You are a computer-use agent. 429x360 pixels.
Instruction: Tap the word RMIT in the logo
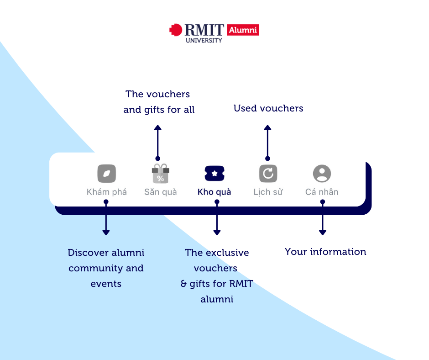[x=204, y=30]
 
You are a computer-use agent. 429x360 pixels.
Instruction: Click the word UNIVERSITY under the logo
[x=204, y=40]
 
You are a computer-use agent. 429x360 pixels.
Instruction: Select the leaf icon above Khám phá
[x=106, y=174]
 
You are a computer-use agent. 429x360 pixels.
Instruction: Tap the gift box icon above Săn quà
[x=160, y=174]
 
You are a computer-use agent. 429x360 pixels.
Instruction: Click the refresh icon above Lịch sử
[x=268, y=174]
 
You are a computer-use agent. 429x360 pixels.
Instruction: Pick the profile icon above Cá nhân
[x=322, y=174]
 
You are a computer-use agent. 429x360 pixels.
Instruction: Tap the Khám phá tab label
[x=107, y=192]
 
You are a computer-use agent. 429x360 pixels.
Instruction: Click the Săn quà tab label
[x=160, y=192]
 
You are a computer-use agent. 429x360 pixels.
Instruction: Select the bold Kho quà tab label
[x=214, y=192]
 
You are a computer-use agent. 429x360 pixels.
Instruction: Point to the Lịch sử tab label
[x=268, y=192]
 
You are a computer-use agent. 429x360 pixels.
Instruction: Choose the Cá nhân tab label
[x=322, y=192]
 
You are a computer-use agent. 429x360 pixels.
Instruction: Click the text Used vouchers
[x=268, y=108]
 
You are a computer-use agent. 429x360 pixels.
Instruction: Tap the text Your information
[x=325, y=252]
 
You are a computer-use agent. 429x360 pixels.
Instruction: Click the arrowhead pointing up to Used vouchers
[x=268, y=128]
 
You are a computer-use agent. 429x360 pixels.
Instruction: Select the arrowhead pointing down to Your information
[x=323, y=233]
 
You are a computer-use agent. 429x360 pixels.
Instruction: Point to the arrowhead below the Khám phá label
[x=106, y=233]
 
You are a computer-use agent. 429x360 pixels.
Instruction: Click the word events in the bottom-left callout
[x=106, y=284]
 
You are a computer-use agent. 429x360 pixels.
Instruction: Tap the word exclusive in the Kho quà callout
[x=227, y=253]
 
